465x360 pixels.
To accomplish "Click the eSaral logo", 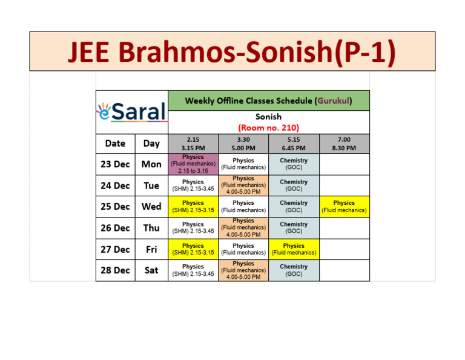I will [131, 112].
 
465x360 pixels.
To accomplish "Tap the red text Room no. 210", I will [268, 127].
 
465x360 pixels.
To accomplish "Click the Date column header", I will [115, 144].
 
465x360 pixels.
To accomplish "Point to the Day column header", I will [151, 144].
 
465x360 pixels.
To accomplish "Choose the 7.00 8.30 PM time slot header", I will [344, 144].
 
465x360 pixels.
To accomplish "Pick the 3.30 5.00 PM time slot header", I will [243, 144].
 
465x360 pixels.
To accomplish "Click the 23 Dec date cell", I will [115, 164].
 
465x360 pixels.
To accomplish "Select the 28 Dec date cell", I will [115, 270].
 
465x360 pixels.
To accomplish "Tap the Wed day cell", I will [151, 207].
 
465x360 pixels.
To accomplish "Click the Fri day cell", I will [151, 249].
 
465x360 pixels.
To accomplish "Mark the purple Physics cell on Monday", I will [193, 164].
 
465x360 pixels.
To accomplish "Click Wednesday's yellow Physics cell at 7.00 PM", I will [344, 207].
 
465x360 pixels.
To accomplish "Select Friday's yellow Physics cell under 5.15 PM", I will [294, 249].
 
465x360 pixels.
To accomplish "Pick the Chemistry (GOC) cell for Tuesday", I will [294, 185].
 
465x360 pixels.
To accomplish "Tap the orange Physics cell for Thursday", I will [243, 228].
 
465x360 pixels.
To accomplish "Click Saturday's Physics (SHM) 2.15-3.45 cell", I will [193, 270].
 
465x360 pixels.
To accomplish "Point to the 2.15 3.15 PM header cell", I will [193, 144].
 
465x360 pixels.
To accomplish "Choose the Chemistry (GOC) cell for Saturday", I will [294, 270].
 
